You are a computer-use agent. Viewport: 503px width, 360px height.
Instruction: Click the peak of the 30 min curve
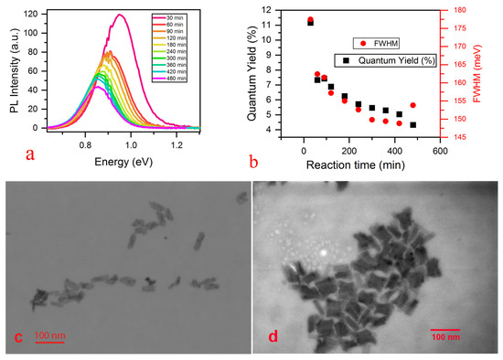click(119, 14)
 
